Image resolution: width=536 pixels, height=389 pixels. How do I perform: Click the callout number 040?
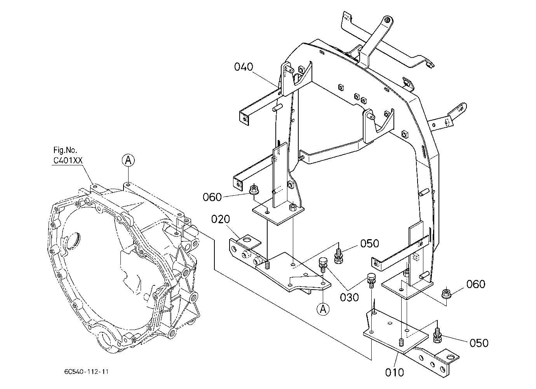click(x=244, y=67)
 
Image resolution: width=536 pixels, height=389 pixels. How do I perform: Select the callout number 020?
click(x=220, y=219)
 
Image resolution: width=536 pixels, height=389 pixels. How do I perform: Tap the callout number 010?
click(x=395, y=372)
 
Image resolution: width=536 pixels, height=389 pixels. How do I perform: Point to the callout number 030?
click(x=349, y=297)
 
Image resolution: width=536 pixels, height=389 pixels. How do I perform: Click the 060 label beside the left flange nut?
click(x=212, y=197)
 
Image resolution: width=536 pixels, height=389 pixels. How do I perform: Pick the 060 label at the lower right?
click(x=476, y=284)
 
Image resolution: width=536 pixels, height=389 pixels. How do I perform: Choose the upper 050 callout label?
click(x=370, y=243)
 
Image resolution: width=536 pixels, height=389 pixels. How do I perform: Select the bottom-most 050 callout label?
click(x=479, y=343)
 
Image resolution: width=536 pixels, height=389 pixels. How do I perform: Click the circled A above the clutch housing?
click(x=128, y=160)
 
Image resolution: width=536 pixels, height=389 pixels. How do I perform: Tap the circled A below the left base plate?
click(x=323, y=309)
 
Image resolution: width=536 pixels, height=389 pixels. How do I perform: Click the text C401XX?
click(x=68, y=160)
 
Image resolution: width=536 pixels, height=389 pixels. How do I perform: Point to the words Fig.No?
click(x=65, y=150)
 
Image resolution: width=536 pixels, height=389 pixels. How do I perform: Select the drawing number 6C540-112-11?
click(x=86, y=372)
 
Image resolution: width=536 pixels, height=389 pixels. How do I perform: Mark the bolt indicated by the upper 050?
click(x=338, y=256)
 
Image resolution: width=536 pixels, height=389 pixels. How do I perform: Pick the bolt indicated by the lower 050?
click(x=437, y=335)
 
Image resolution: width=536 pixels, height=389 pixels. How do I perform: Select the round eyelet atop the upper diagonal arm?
click(x=387, y=20)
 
